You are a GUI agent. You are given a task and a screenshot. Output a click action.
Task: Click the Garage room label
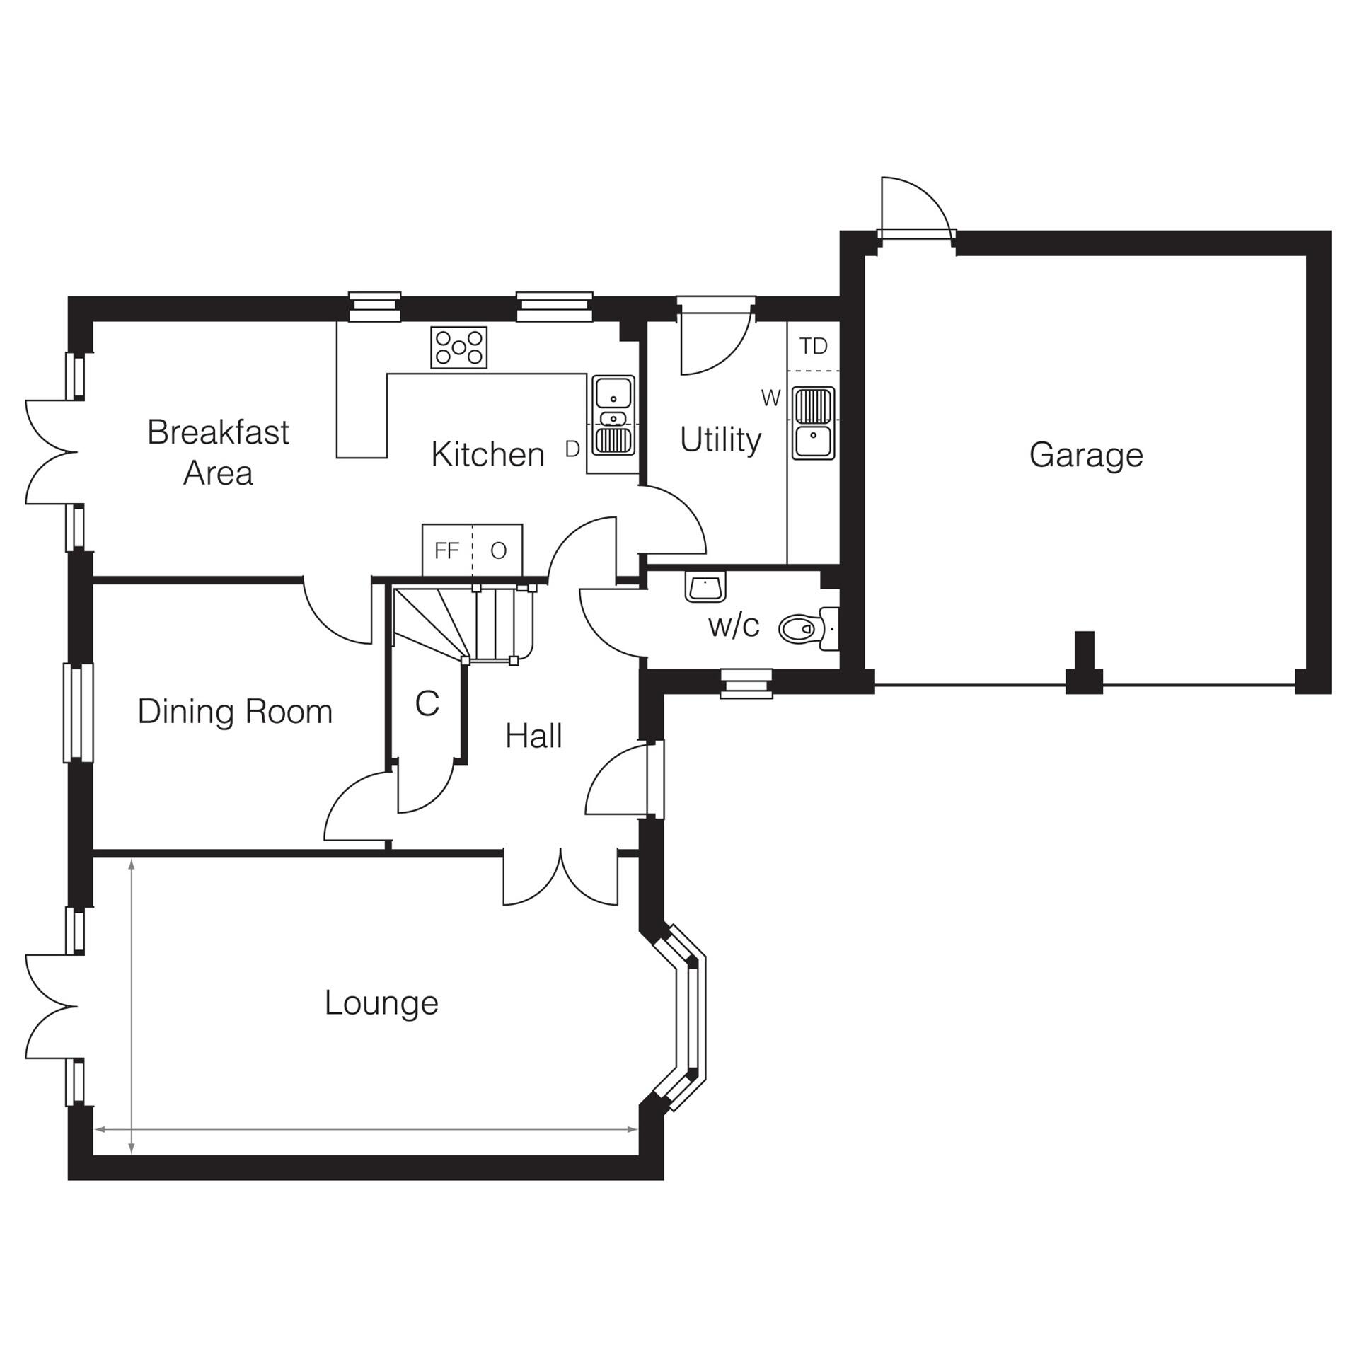click(x=1085, y=455)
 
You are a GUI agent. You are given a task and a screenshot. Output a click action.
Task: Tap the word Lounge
click(x=381, y=1003)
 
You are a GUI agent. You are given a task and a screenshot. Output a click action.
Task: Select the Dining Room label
click(x=235, y=712)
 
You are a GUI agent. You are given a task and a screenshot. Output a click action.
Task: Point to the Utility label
click(x=720, y=440)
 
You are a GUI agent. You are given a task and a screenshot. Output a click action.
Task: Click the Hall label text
click(x=533, y=737)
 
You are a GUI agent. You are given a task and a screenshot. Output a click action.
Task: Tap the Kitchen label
click(x=487, y=455)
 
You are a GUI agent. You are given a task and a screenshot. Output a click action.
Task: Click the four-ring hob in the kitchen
click(x=458, y=347)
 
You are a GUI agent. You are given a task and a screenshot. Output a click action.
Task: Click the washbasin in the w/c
click(x=705, y=587)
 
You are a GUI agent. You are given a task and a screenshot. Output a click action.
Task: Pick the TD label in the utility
click(x=813, y=347)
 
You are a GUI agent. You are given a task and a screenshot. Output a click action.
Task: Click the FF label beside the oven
click(x=446, y=550)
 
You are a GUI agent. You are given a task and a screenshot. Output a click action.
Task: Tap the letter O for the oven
click(x=498, y=550)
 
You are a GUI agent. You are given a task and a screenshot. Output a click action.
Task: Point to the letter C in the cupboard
click(x=427, y=703)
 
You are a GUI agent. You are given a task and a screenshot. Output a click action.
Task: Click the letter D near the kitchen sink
click(x=572, y=449)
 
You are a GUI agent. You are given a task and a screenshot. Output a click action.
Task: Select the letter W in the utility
click(x=770, y=399)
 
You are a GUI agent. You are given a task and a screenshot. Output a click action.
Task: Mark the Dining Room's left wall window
click(x=79, y=712)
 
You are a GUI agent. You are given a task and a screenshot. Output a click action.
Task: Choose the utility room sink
click(x=813, y=422)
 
